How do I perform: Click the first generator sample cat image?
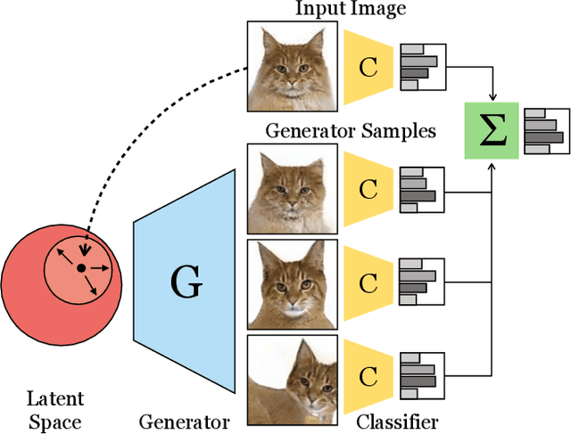coord(291,189)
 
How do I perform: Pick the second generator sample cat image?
coord(291,283)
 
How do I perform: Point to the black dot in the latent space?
coord(80,267)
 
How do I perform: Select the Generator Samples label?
coord(350,131)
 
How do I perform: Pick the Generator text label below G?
coord(185,421)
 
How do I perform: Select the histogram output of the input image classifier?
coord(421,67)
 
